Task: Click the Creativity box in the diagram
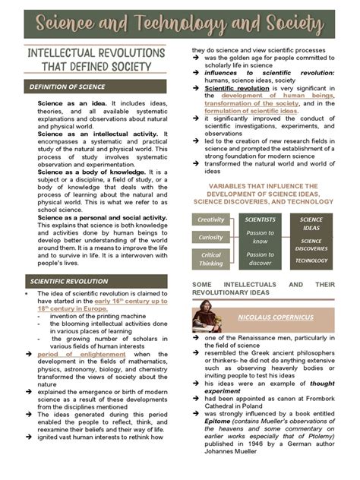(211, 219)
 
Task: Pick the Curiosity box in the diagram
(211, 238)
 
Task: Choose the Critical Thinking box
(211, 259)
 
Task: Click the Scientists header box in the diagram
(260, 219)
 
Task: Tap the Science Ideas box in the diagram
(311, 224)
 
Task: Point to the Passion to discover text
(260, 259)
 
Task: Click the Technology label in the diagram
(311, 261)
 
